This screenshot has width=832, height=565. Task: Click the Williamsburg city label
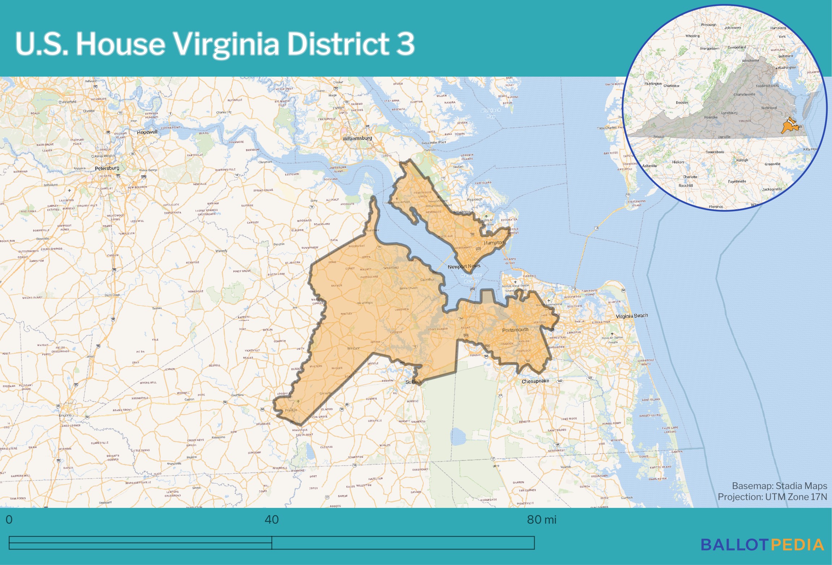pyautogui.click(x=357, y=138)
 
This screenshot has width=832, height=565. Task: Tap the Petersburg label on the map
pyautogui.click(x=107, y=168)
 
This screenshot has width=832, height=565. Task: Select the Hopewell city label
pyautogui.click(x=147, y=132)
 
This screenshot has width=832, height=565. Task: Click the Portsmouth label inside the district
pyautogui.click(x=515, y=330)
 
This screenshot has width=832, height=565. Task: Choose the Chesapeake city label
pyautogui.click(x=535, y=381)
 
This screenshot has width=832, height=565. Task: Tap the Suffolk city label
pyautogui.click(x=413, y=382)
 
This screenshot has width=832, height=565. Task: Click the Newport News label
pyautogui.click(x=464, y=266)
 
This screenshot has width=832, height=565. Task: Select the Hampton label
pyautogui.click(x=494, y=243)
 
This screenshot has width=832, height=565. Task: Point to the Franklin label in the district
pyautogui.click(x=291, y=410)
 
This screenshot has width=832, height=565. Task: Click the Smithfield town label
pyautogui.click(x=391, y=267)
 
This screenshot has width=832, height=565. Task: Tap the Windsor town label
pyautogui.click(x=353, y=348)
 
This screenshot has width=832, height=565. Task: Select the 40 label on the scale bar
pyautogui.click(x=271, y=519)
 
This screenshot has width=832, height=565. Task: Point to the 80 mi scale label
pyautogui.click(x=541, y=519)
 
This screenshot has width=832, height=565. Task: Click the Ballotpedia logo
pyautogui.click(x=762, y=545)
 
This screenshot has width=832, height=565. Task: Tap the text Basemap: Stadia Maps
pyautogui.click(x=779, y=485)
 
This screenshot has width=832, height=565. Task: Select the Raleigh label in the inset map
pyautogui.click(x=742, y=160)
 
